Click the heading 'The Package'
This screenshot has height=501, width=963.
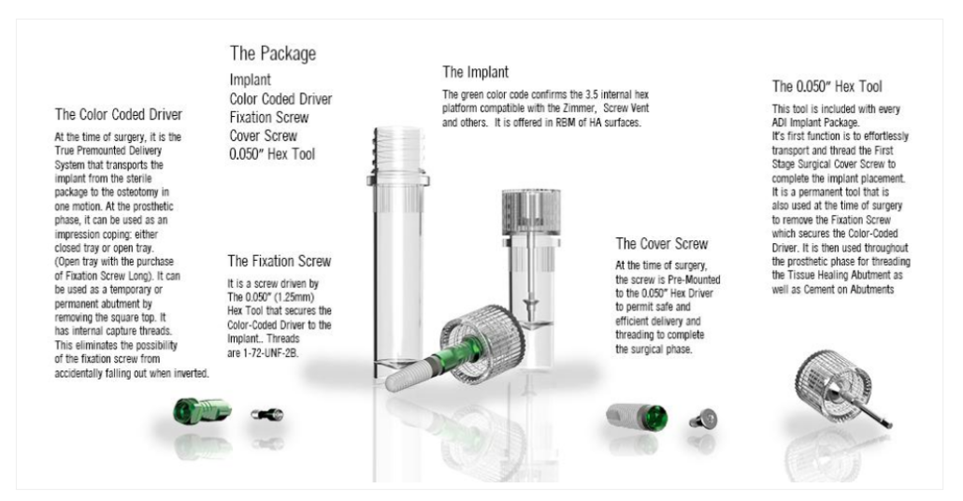(x=273, y=53)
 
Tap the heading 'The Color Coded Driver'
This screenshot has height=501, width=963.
(x=119, y=115)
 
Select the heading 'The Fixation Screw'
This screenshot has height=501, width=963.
(x=279, y=261)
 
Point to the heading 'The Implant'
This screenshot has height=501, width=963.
(x=475, y=73)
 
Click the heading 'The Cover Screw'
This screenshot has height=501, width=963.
(x=661, y=244)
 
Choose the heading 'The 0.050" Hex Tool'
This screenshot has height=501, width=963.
(x=826, y=87)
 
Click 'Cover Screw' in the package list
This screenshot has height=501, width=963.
(x=263, y=136)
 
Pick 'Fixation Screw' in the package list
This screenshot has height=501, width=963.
(x=269, y=117)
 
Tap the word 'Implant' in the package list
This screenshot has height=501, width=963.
(x=250, y=79)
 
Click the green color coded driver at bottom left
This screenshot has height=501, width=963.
(x=201, y=410)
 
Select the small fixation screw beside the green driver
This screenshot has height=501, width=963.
(x=267, y=415)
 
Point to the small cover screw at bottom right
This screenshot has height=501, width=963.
(x=703, y=419)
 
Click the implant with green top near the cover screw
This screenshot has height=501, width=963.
(x=637, y=417)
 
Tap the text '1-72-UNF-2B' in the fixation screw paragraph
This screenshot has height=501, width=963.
(x=271, y=353)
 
